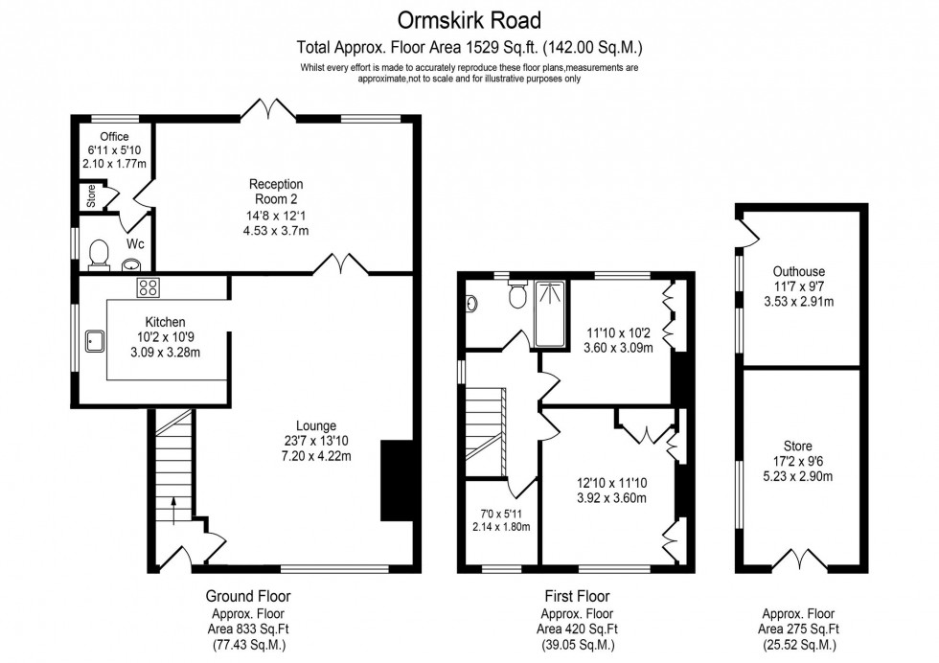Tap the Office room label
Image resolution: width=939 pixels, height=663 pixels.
115,137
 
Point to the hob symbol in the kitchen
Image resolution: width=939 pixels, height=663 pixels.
149,285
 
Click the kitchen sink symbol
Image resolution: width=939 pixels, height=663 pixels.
95,337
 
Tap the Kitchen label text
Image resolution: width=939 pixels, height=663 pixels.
165,322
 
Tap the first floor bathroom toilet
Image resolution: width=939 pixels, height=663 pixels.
517,295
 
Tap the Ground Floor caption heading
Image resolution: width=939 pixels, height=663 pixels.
248,596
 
